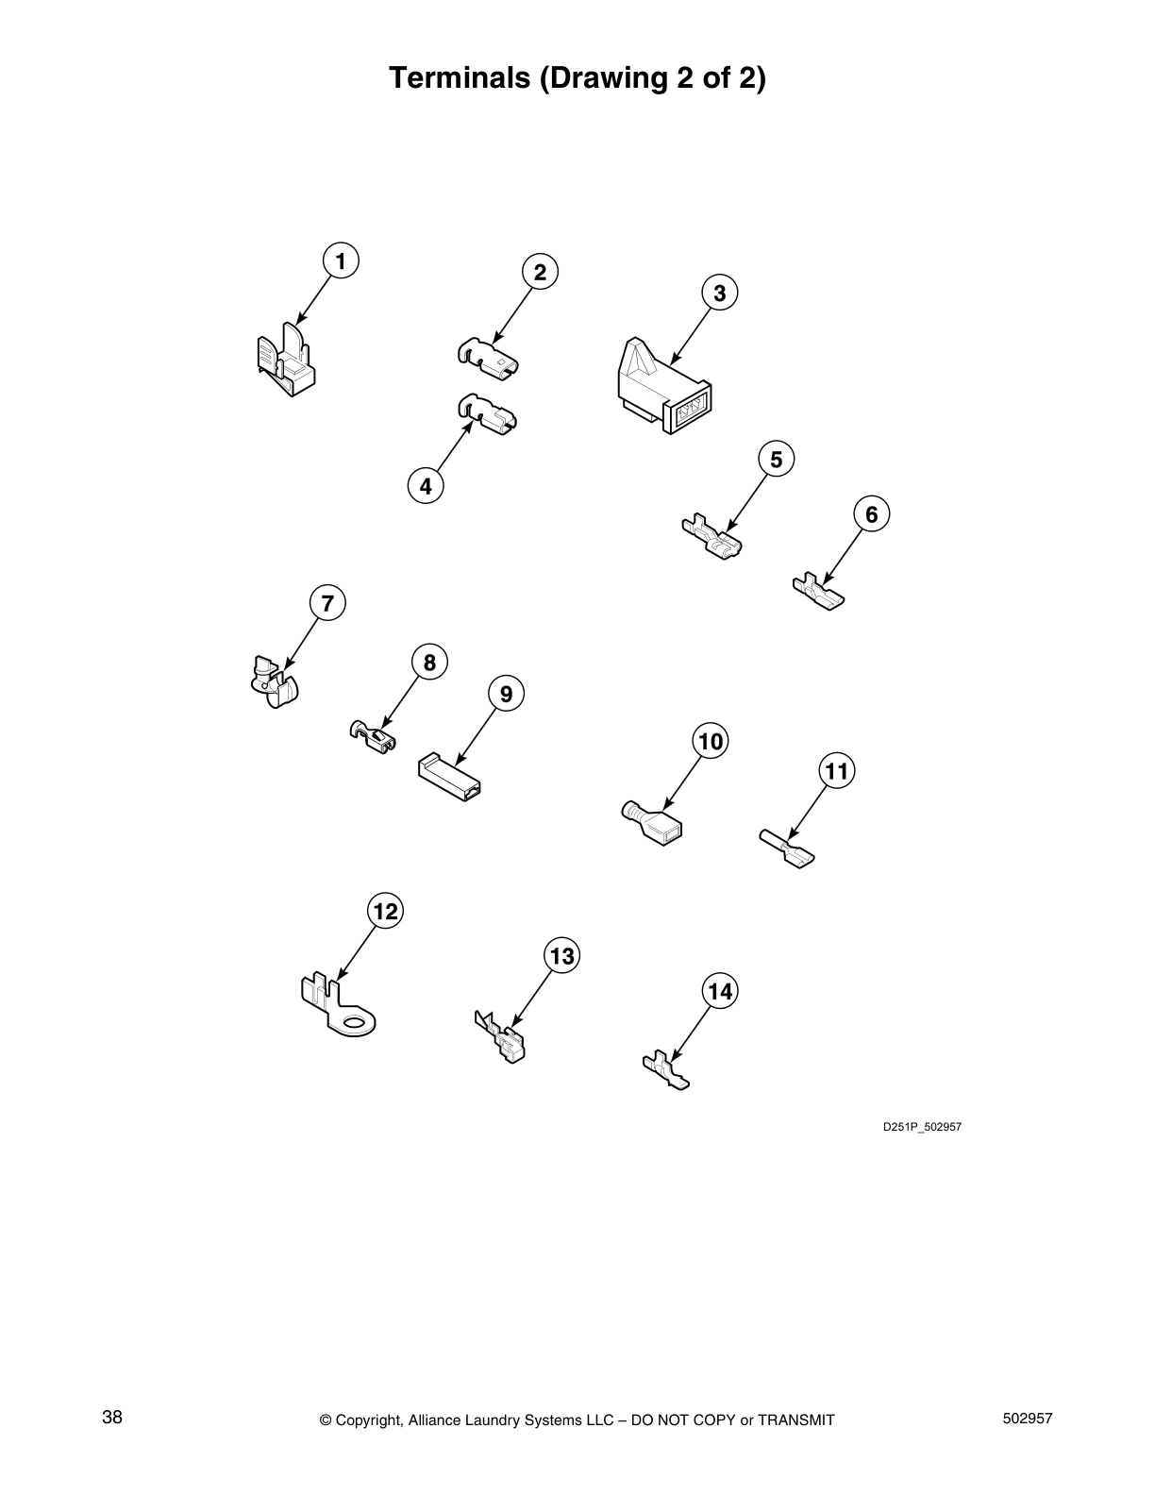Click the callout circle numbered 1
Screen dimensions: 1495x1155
(341, 260)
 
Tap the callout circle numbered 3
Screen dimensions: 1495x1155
(720, 293)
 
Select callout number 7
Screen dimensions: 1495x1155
(327, 602)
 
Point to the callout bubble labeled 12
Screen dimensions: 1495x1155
(385, 911)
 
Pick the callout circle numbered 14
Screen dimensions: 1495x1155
(720, 991)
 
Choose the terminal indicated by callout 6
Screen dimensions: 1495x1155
(818, 591)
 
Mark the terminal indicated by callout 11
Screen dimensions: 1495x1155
(787, 848)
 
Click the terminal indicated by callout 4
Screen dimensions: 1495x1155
(487, 414)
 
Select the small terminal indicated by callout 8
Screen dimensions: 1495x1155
(374, 737)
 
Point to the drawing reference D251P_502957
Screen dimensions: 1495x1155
(922, 1127)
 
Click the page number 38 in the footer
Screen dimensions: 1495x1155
(112, 1417)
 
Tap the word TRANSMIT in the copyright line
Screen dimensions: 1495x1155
(796, 1419)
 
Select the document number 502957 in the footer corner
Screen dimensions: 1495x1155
(1025, 1418)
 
